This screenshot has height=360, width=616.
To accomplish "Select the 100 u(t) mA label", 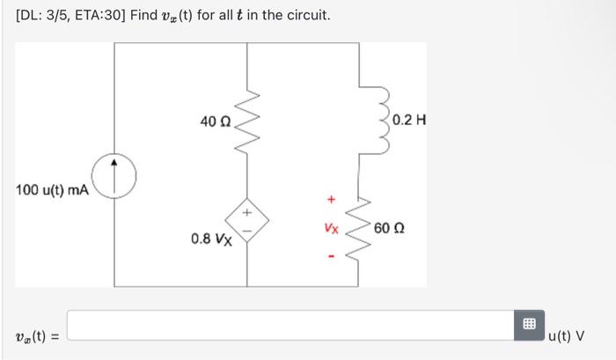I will click(52, 190).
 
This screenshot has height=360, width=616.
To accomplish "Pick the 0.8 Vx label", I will click(211, 239).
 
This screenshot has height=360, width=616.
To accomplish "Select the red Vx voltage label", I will click(331, 228).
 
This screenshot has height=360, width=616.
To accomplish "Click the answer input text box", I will click(290, 324).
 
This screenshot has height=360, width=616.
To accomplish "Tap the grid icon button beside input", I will click(530, 324).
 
